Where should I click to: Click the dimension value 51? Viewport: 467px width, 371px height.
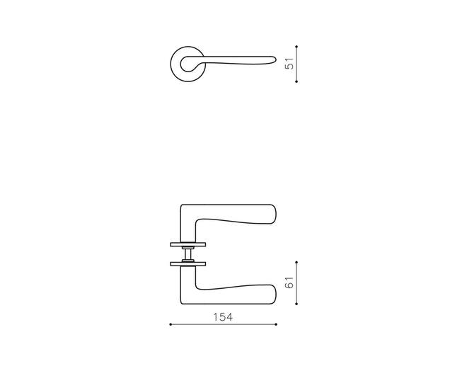pyautogui.click(x=289, y=63)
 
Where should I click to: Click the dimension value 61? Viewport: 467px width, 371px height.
pyautogui.click(x=289, y=282)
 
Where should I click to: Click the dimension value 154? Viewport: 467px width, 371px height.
pyautogui.click(x=223, y=317)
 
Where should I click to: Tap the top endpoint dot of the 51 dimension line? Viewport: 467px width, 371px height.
pyautogui.click(x=296, y=47)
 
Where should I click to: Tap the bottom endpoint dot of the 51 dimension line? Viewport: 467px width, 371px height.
pyautogui.click(x=296, y=81)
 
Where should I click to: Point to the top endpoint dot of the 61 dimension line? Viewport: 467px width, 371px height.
pyautogui.click(x=296, y=262)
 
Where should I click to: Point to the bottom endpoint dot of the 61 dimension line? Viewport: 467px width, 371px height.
pyautogui.click(x=296, y=304)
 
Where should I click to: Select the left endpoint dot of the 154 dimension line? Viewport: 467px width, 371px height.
pyautogui.click(x=171, y=324)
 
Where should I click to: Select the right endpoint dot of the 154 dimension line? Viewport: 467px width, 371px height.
pyautogui.click(x=276, y=324)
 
